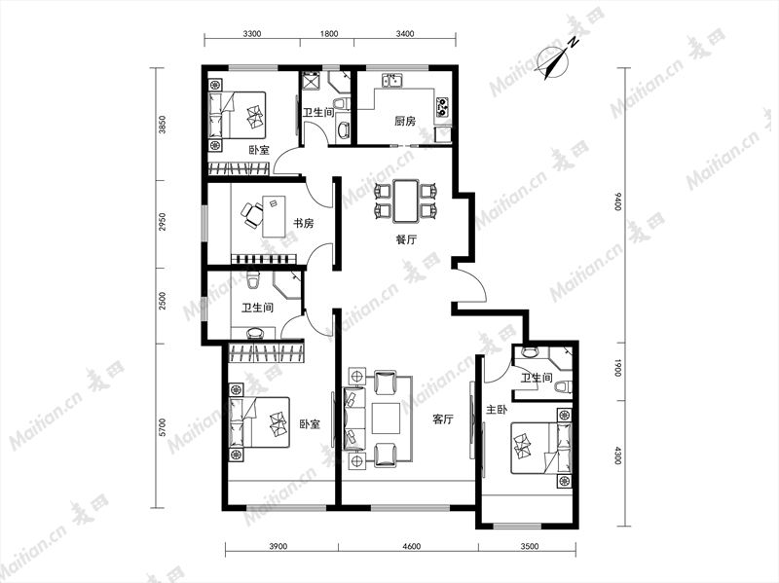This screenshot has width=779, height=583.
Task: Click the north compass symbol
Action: pos(554,59)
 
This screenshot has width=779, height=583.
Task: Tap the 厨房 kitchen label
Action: pos(405,121)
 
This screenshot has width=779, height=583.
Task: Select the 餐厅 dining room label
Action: pos(406,239)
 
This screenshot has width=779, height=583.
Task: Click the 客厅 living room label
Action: pos(443,419)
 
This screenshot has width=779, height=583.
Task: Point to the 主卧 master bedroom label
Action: pos(497,410)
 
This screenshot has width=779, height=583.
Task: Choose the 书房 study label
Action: pos(303,223)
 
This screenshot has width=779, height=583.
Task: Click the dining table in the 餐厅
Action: pos(406,201)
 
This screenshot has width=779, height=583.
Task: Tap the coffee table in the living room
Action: pos(386,419)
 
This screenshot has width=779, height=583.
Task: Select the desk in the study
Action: pos(274,216)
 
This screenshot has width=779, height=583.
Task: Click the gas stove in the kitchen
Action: pos(443,106)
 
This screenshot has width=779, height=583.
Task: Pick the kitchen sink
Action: pos(392,80)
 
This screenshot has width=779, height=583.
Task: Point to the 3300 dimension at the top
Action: pos(252,34)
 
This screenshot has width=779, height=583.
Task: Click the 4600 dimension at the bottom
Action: pos(411,547)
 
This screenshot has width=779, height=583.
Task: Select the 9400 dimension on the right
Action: pos(617,201)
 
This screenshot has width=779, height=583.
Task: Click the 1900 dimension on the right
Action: pos(617,368)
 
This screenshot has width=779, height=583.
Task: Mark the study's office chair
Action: pos(252,214)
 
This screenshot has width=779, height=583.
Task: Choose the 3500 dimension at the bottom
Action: pos(530,547)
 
